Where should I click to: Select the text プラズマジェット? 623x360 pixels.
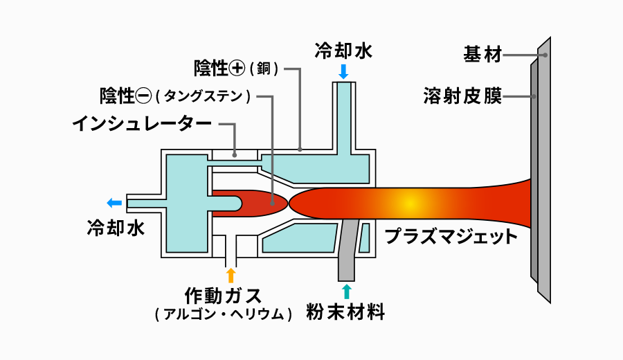(451, 237)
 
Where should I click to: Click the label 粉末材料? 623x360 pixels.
(345, 312)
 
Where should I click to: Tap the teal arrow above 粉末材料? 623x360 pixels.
(346, 289)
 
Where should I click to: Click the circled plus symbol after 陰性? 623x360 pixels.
(237, 68)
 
